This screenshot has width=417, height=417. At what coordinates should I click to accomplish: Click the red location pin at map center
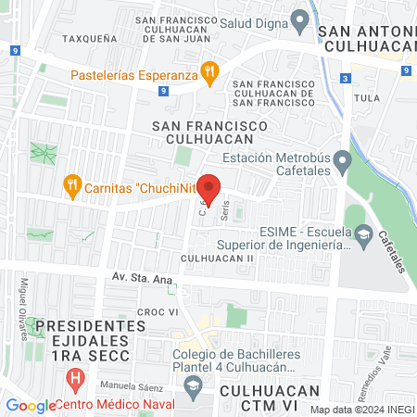[210, 188]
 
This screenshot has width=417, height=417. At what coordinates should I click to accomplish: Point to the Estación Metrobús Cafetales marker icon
[343, 163]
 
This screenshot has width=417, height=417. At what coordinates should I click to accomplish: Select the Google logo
[30, 405]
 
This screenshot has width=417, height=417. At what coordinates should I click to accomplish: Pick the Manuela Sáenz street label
[119, 383]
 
